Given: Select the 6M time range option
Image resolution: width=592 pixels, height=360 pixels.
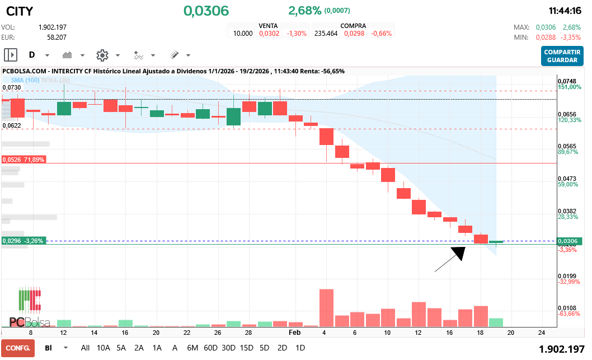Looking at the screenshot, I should [192, 348].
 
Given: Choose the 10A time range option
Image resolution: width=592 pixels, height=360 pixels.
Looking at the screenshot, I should [104, 348].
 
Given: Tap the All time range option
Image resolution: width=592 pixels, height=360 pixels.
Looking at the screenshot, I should [85, 348].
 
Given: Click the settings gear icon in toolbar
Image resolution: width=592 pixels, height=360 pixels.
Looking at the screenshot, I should [102, 55].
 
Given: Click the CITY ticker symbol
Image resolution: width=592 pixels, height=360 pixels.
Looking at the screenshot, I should [20, 11].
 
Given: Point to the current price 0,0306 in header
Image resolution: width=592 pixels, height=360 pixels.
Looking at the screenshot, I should [206, 11].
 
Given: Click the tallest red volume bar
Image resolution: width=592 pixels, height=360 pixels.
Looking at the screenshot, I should [326, 307].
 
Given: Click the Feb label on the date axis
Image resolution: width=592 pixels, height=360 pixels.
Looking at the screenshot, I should [294, 332].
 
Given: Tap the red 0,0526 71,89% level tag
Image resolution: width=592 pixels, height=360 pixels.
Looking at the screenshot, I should [24, 160].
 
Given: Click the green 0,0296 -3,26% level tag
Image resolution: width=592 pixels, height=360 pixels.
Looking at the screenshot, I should [24, 241].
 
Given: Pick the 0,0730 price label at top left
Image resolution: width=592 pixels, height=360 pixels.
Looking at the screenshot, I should [12, 88].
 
